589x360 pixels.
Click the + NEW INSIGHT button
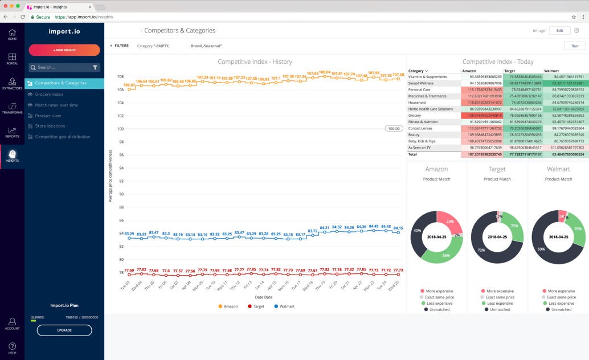pos(64,50)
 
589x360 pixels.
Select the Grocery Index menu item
pos(49,94)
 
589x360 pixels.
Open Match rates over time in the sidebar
pos(56,105)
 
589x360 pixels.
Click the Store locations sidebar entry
pos(50,126)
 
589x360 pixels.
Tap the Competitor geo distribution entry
pos(63,137)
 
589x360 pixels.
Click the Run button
pos(575,46)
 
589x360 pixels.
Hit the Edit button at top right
pos(559,31)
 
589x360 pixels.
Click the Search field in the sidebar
pos(62,67)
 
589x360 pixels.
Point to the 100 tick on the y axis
pos(120,129)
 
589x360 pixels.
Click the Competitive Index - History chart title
pos(255,62)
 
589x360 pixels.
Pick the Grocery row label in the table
pos(415,115)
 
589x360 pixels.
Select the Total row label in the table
pos(413,154)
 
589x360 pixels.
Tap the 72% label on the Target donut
pos(481,250)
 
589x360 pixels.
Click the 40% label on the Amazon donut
pos(417,231)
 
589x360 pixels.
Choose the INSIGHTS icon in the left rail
pos(12,156)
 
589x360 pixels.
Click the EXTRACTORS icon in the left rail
pos(12,82)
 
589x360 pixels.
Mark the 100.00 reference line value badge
pos(394,129)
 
